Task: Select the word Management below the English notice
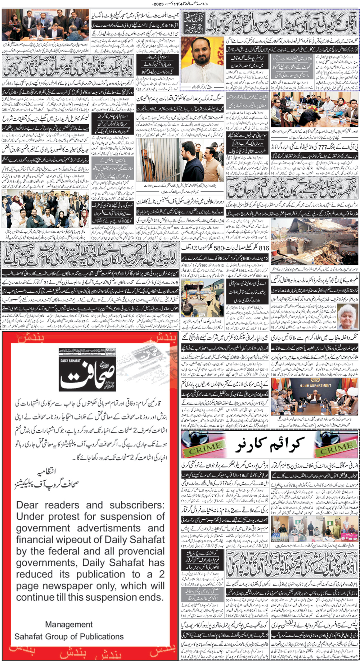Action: pos(69,624)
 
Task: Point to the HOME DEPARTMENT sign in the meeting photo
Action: pos(315,385)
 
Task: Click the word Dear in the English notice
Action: pos(27,505)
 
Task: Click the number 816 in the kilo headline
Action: pos(263,248)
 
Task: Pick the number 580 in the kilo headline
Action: pos(219,248)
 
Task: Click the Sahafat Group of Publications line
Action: pos(69,637)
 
